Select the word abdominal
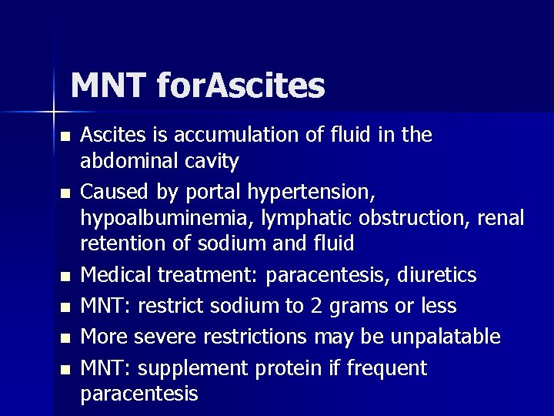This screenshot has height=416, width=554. coord(124,162)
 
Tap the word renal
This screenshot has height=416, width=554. coord(500,218)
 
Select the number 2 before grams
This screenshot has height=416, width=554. coord(316,307)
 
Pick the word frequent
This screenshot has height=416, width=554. coord(386,369)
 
